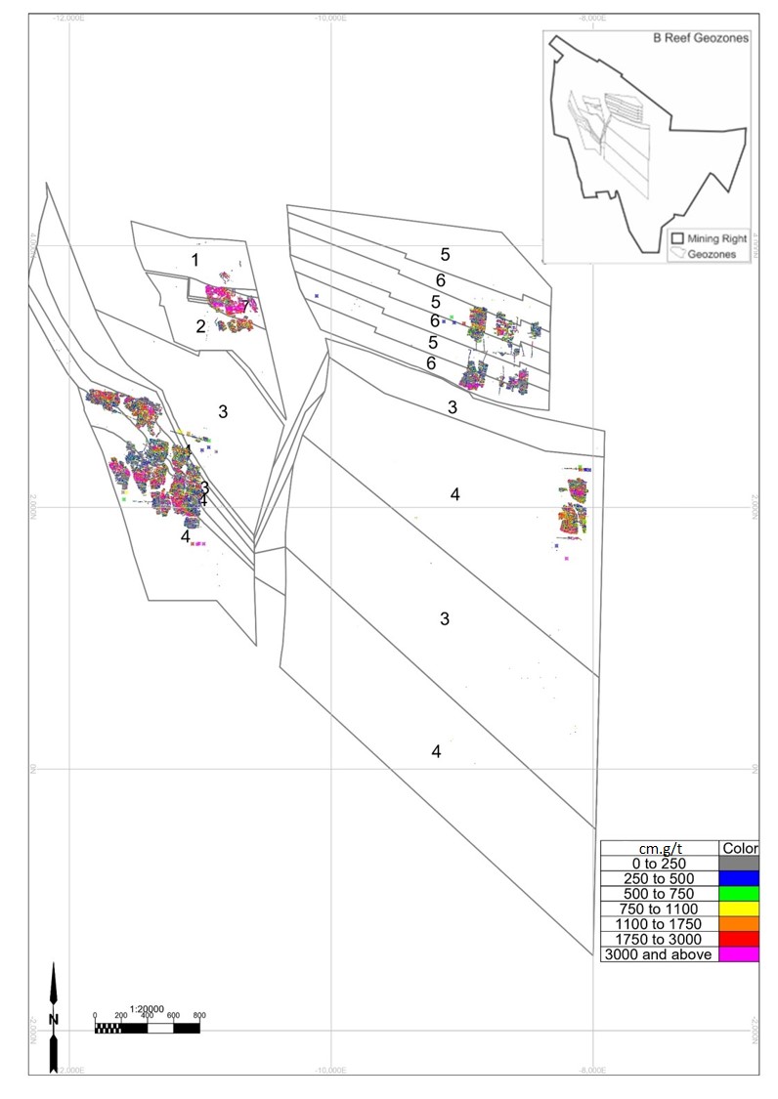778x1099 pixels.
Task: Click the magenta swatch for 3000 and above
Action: pyautogui.click(x=738, y=954)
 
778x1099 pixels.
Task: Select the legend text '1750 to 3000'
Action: pyautogui.click(x=659, y=940)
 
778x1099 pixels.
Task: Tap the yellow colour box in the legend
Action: pyautogui.click(x=738, y=909)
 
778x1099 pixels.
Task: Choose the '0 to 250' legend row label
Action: pyautogui.click(x=659, y=863)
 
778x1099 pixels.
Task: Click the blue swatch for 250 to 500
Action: pyautogui.click(x=738, y=878)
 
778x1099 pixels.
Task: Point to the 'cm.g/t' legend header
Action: pyautogui.click(x=659, y=847)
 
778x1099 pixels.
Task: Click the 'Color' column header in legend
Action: pyautogui.click(x=738, y=847)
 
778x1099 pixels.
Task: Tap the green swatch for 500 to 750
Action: pyautogui.click(x=738, y=893)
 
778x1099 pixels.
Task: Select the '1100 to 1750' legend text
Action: pyautogui.click(x=659, y=924)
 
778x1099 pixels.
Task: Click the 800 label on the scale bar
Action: pyautogui.click(x=199, y=1016)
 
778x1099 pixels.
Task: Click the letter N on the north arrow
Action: pyautogui.click(x=54, y=1019)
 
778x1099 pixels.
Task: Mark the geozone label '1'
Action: pyautogui.click(x=195, y=260)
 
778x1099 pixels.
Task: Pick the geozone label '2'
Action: pyautogui.click(x=200, y=326)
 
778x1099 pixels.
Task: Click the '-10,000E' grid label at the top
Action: pyautogui.click(x=331, y=17)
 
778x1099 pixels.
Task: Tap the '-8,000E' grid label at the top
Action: pyautogui.click(x=593, y=17)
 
